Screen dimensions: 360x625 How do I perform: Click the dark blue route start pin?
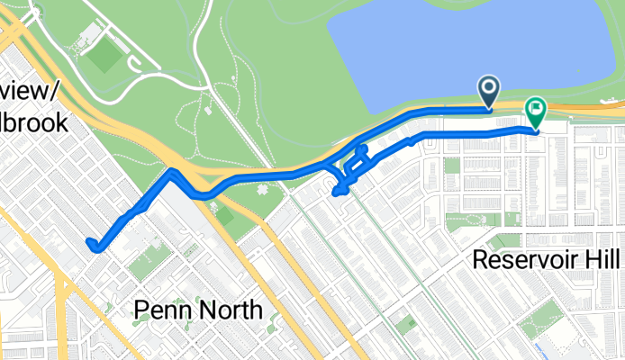pyautogui.click(x=490, y=89)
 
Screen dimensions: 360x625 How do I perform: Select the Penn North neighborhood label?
pyautogui.click(x=198, y=310)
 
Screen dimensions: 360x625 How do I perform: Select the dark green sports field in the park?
pyautogui.click(x=104, y=56)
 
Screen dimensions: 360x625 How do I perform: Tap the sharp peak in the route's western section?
pyautogui.click(x=170, y=170)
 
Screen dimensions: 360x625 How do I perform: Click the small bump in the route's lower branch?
pyautogui.click(x=412, y=139)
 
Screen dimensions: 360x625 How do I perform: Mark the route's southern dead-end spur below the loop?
pyautogui.click(x=339, y=191)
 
